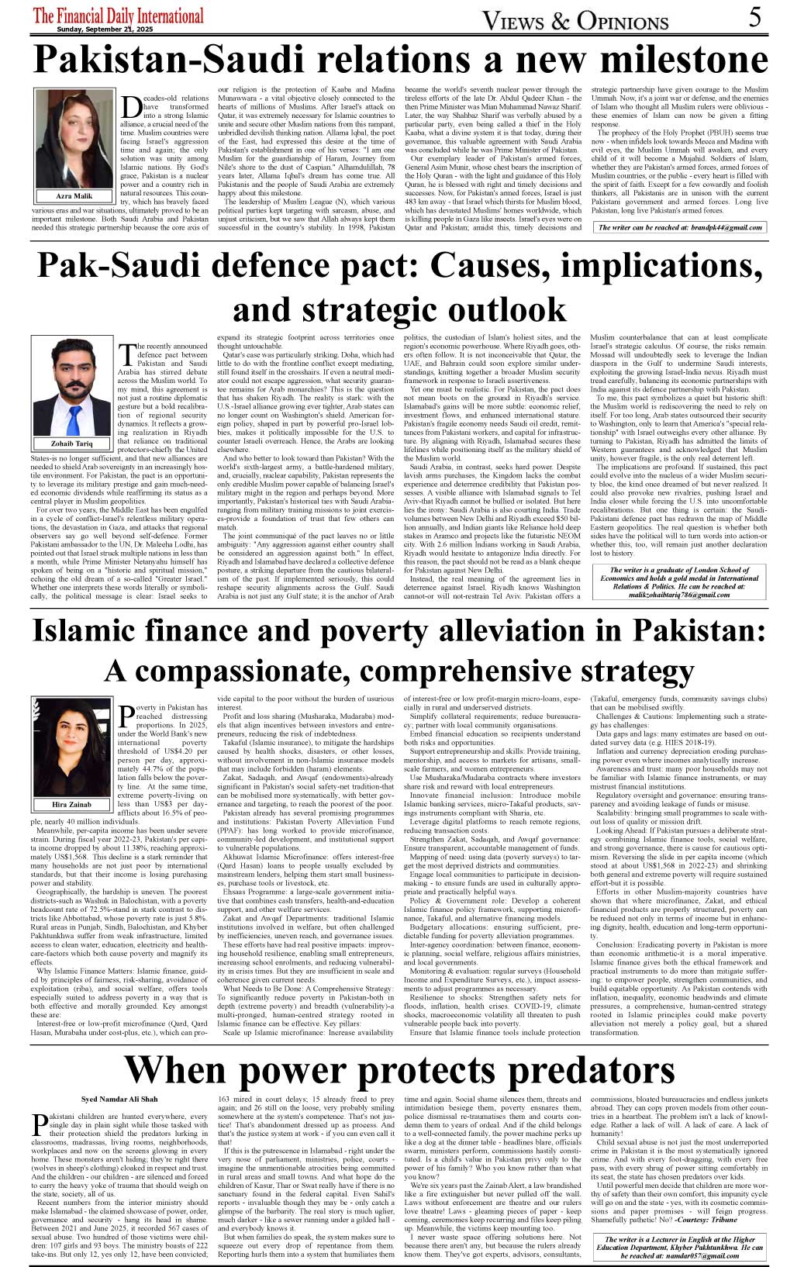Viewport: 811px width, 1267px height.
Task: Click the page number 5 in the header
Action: click(x=755, y=17)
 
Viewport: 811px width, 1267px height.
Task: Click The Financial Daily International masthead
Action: click(x=119, y=16)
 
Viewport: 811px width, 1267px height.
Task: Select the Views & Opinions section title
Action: click(x=575, y=20)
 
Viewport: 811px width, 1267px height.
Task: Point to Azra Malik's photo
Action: click(x=74, y=139)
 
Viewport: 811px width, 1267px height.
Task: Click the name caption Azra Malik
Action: click(x=74, y=196)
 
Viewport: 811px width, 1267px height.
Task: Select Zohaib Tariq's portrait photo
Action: click(x=72, y=388)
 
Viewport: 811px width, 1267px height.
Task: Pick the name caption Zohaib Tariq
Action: click(x=72, y=444)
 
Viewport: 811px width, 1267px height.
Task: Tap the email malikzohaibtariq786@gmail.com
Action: click(x=679, y=595)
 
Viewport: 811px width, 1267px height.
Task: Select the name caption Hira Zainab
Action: click(x=72, y=804)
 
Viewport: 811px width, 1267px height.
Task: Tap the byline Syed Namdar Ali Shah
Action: click(x=119, y=1100)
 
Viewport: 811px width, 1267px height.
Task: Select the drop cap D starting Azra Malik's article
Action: click(x=131, y=106)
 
